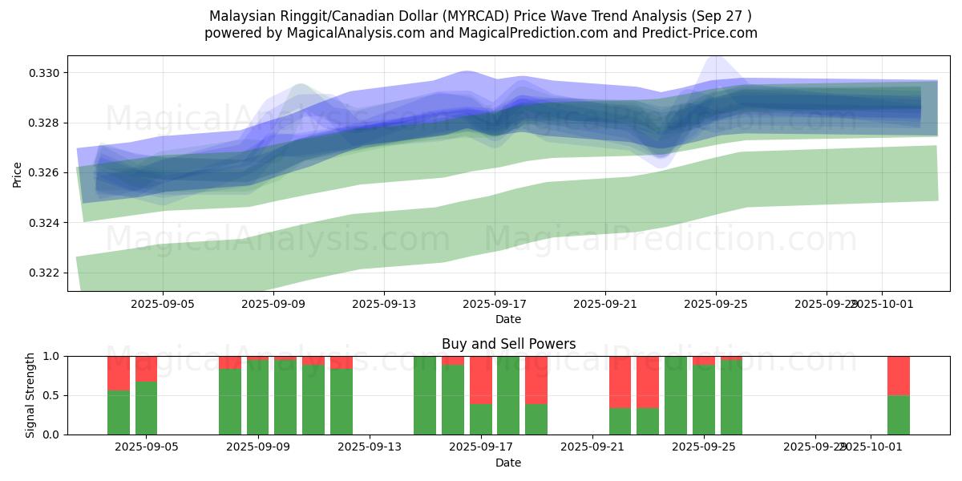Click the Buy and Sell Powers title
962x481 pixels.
[508, 344]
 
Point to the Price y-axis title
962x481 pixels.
[18, 173]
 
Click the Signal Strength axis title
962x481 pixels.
[30, 395]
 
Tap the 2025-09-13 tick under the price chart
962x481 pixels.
[383, 305]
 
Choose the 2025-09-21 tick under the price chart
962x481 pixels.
[604, 305]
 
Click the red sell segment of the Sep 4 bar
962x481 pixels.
[119, 373]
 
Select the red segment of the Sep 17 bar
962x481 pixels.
[481, 379]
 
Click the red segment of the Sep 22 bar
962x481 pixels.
[620, 382]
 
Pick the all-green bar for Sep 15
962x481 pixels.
[425, 395]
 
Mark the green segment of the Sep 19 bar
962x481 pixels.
[536, 418]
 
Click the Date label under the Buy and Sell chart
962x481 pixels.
[508, 463]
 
